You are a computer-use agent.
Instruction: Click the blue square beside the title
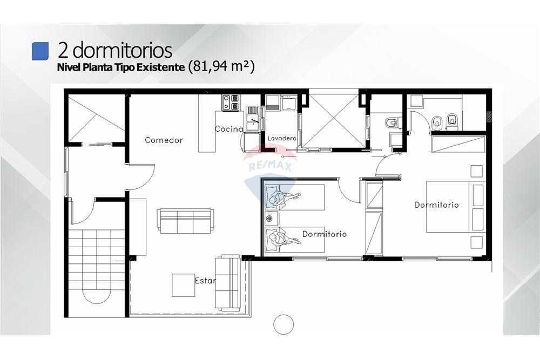click(40, 51)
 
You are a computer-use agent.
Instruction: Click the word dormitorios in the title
click(122, 50)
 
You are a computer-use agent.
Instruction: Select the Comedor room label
click(164, 140)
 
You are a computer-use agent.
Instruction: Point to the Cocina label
click(229, 128)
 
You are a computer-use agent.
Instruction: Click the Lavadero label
click(282, 138)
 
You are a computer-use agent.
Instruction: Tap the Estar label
click(205, 281)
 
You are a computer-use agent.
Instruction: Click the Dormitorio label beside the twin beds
click(325, 234)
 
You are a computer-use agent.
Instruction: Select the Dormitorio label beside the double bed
click(436, 205)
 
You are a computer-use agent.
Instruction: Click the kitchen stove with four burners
click(231, 103)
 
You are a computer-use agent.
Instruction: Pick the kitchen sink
click(253, 119)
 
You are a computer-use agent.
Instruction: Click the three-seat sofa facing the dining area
click(185, 221)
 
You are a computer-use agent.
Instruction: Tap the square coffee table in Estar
click(184, 285)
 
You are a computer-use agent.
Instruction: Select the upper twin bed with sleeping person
click(295, 197)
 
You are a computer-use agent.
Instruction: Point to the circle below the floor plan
click(283, 324)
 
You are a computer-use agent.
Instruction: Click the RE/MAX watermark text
click(271, 167)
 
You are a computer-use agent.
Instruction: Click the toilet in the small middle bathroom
click(393, 123)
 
